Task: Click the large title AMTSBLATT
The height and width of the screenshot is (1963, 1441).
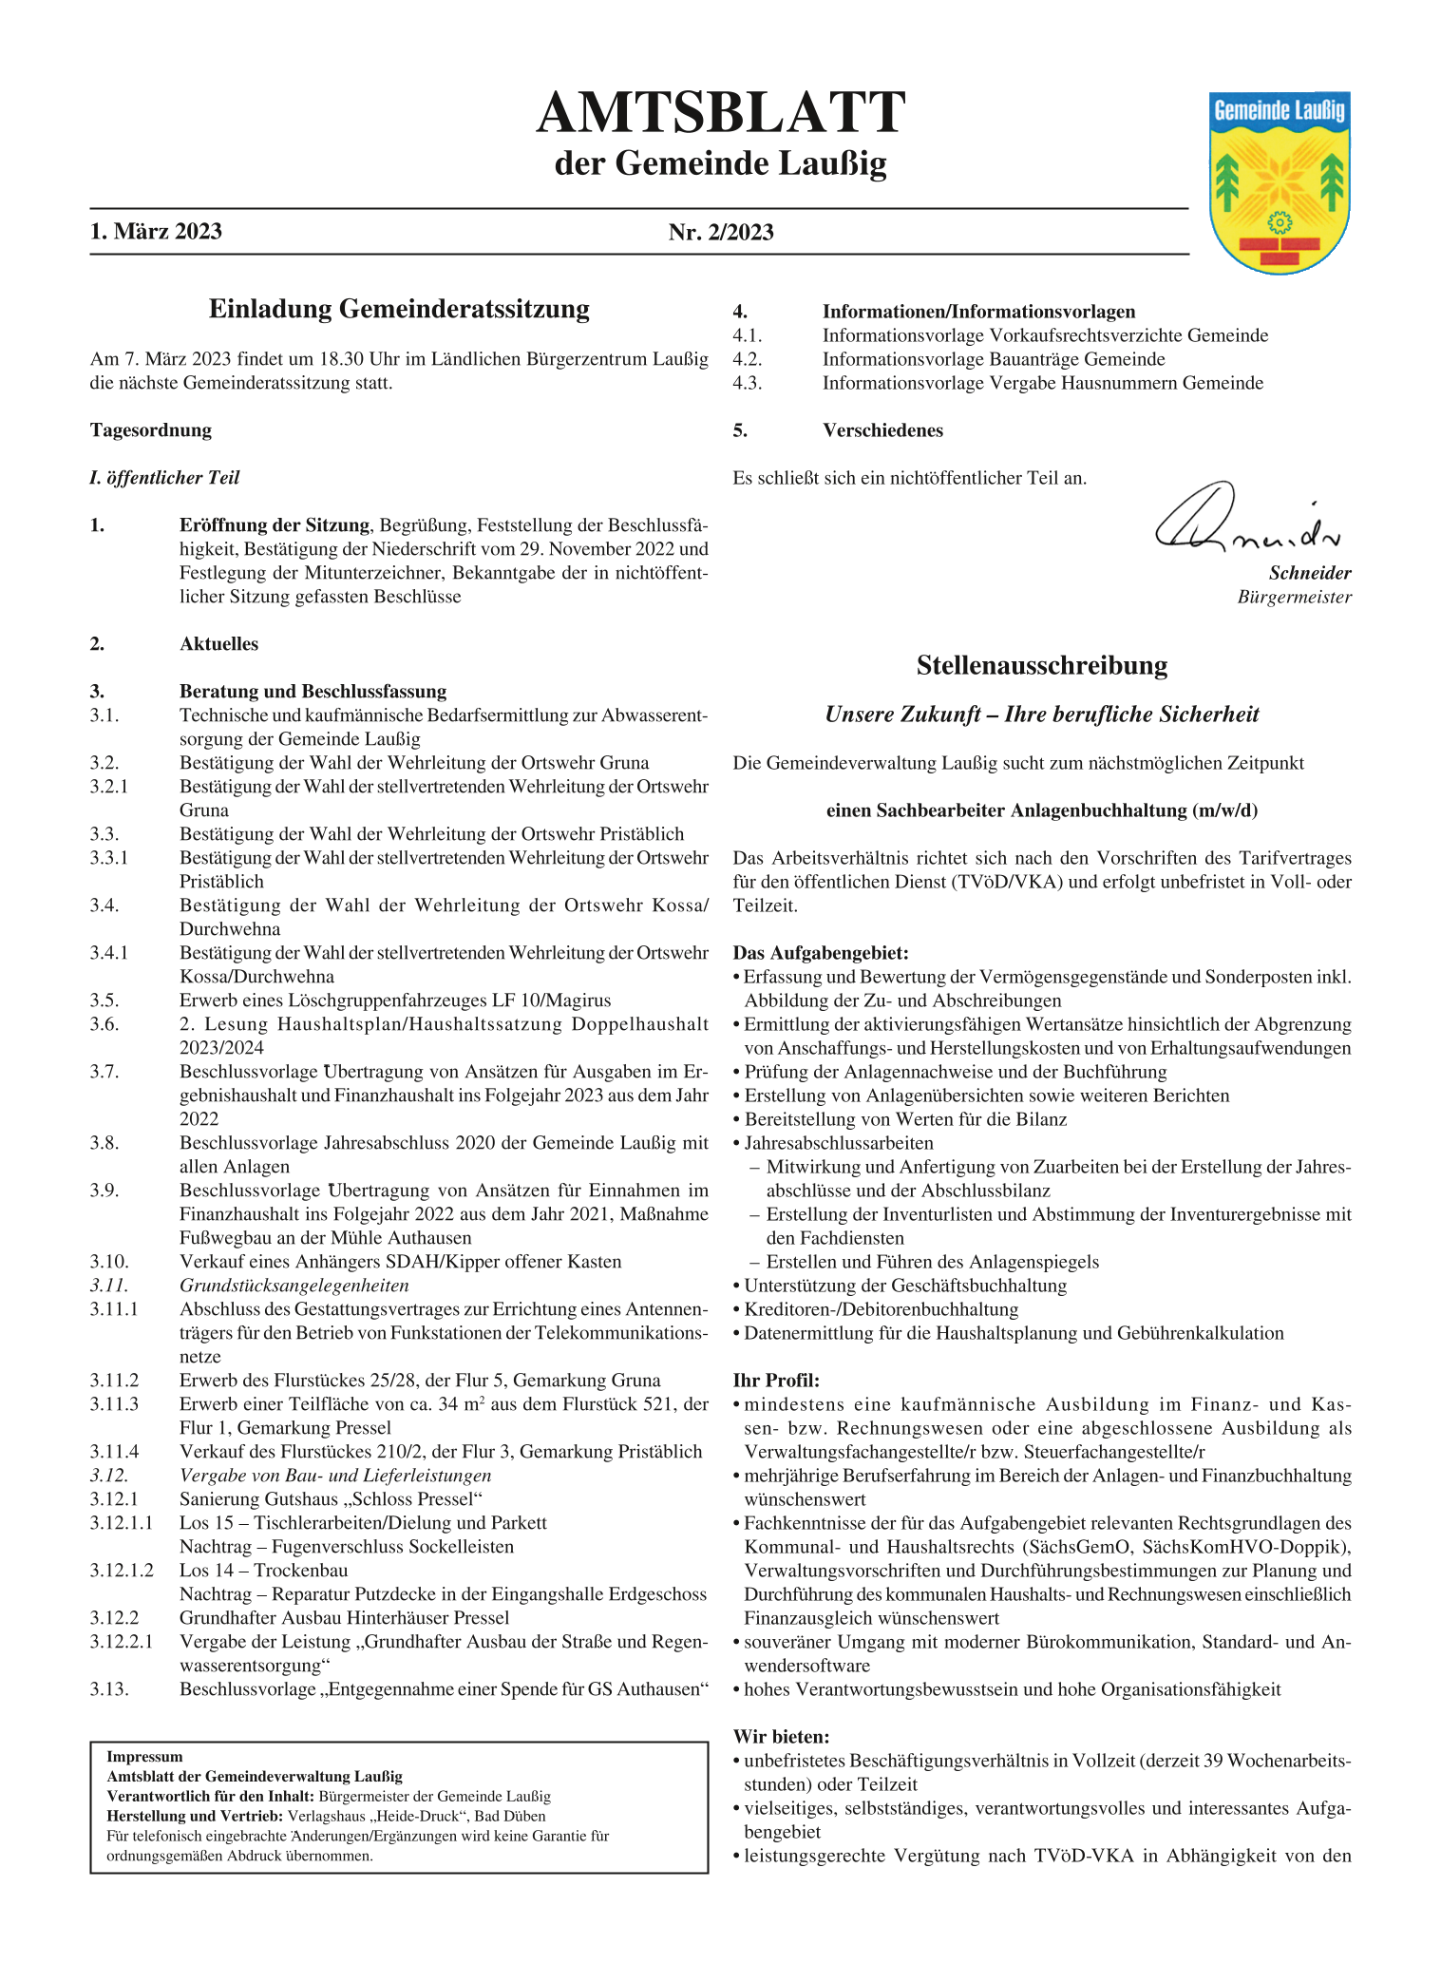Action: (x=720, y=114)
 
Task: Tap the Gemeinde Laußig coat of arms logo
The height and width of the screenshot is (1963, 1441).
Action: (x=1280, y=182)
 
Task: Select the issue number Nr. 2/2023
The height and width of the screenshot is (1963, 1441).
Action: (x=721, y=232)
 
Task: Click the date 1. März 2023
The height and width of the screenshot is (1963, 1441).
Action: (x=156, y=232)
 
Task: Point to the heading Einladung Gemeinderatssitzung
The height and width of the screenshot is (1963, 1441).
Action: (x=399, y=309)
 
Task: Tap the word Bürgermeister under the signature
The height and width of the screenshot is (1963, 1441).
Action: (x=1294, y=598)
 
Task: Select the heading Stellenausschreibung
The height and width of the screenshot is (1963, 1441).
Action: (x=1041, y=665)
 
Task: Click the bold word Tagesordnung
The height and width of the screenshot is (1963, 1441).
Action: (x=151, y=430)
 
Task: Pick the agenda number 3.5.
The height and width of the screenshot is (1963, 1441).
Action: (x=104, y=1001)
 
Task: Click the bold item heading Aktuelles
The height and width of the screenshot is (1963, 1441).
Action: (x=218, y=644)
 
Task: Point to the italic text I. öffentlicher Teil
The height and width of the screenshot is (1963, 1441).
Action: (x=164, y=478)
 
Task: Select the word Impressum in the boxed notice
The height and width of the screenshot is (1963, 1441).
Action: (x=144, y=1757)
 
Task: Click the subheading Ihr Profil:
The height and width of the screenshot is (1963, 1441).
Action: (x=776, y=1381)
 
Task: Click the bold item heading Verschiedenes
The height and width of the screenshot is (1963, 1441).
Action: (x=882, y=430)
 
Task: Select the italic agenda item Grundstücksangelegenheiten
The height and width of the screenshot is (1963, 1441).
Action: (x=294, y=1286)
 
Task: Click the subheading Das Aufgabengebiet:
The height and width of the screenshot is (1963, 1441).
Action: (x=821, y=953)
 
